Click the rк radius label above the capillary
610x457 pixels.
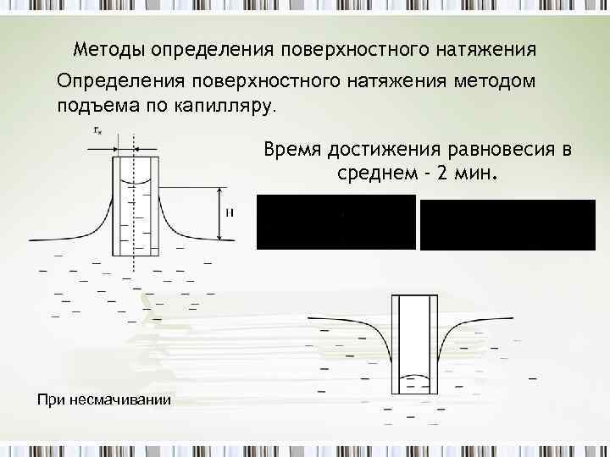pyautogui.click(x=98, y=130)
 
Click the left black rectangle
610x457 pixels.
pyautogui.click(x=336, y=222)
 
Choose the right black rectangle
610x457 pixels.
pyautogui.click(x=507, y=224)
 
